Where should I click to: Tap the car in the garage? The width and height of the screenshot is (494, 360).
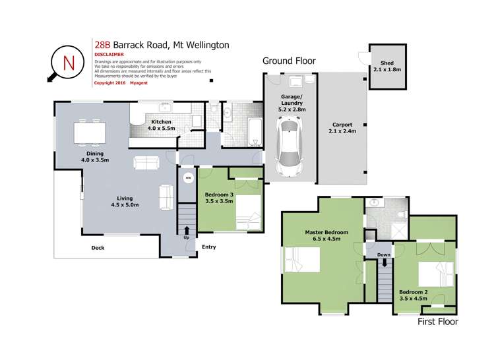click(x=291, y=144)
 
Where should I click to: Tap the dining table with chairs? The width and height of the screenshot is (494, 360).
click(x=88, y=132)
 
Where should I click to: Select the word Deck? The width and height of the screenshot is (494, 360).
click(x=97, y=248)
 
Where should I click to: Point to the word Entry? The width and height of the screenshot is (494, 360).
click(x=209, y=247)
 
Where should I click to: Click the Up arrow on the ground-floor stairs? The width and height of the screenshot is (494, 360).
click(x=186, y=231)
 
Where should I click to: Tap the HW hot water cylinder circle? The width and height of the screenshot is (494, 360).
click(x=187, y=178)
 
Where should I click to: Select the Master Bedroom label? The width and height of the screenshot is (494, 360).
click(x=326, y=235)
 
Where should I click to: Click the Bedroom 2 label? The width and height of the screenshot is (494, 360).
click(x=414, y=294)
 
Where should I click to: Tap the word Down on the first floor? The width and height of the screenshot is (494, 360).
click(x=383, y=255)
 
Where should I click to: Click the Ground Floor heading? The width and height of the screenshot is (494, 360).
click(x=289, y=61)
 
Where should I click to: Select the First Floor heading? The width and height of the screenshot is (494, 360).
click(x=438, y=322)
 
